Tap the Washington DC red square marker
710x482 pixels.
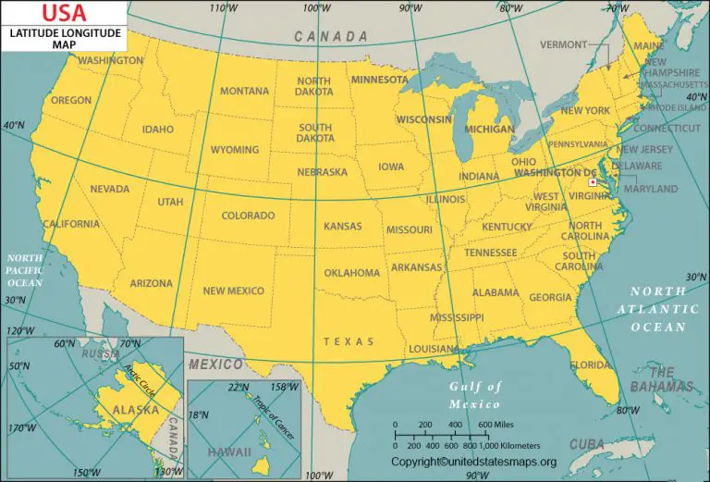pos(593,182)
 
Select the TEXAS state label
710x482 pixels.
pos(349,341)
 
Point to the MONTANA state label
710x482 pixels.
pos(244,91)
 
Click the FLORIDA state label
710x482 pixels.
pos(590,365)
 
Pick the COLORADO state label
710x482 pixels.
pos(248,216)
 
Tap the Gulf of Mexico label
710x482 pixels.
pos(475,395)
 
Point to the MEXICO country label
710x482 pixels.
pos(215,364)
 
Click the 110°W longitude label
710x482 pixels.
pos(219,8)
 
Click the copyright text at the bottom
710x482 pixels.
pos(473,462)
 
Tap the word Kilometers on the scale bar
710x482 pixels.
pos(508,445)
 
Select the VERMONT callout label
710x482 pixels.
pos(564,44)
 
